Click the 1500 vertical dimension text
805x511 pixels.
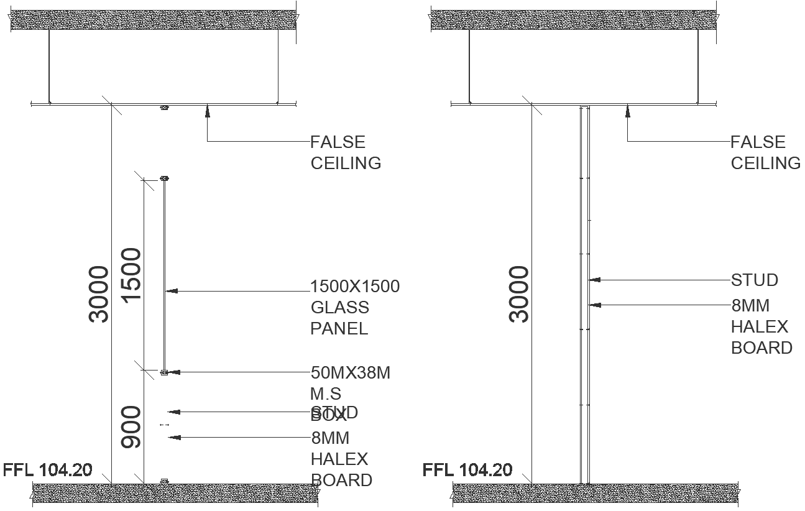click(131, 275)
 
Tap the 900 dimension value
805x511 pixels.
click(131, 428)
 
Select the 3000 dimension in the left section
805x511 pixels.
click(99, 293)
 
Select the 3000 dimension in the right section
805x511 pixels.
click(519, 293)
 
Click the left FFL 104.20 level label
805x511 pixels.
click(48, 469)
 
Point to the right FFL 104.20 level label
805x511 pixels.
click(467, 469)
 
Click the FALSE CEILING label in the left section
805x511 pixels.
click(346, 152)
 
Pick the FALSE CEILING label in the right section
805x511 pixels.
click(765, 152)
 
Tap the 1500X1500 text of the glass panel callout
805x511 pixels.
click(355, 287)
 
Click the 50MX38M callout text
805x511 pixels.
click(351, 373)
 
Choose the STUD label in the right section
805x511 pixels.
click(754, 280)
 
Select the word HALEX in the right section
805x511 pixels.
click(759, 326)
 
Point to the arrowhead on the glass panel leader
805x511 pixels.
click(172, 290)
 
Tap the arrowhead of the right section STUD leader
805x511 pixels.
click(594, 280)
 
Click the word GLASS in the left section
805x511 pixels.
click(339, 308)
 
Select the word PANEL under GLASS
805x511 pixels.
click(339, 328)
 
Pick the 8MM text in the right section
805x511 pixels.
click(750, 306)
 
